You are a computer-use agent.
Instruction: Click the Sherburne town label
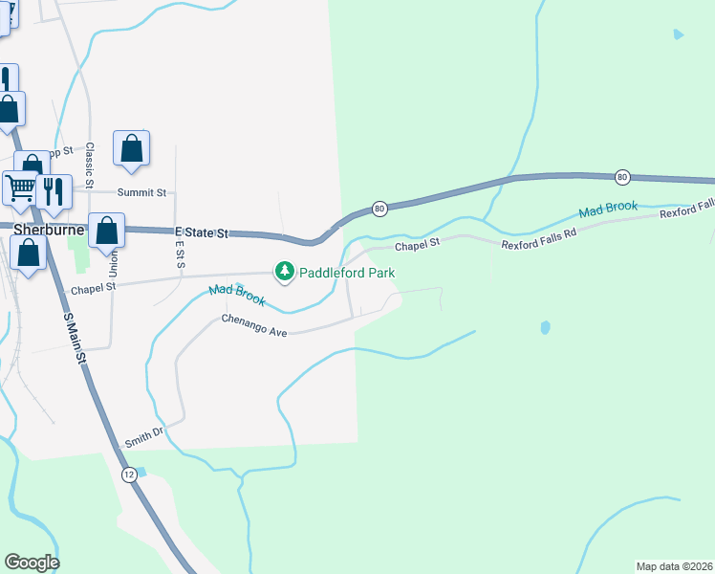pyautogui.click(x=51, y=230)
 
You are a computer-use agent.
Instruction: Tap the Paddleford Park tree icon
pyautogui.click(x=284, y=273)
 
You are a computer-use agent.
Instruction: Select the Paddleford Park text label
pyautogui.click(x=348, y=273)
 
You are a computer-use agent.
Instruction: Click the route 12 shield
pyautogui.click(x=129, y=475)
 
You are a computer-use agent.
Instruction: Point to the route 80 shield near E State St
pyautogui.click(x=379, y=208)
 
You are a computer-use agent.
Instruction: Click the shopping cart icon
pyautogui.click(x=20, y=188)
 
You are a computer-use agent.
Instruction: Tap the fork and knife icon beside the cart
pyautogui.click(x=54, y=190)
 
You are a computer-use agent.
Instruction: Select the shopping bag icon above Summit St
pyautogui.click(x=131, y=149)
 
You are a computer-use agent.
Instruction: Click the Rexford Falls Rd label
pyautogui.click(x=540, y=245)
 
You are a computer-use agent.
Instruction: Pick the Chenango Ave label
pyautogui.click(x=254, y=325)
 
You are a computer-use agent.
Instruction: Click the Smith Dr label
pyautogui.click(x=145, y=438)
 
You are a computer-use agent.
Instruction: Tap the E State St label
pyautogui.click(x=202, y=232)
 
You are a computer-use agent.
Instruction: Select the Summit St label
pyautogui.click(x=141, y=192)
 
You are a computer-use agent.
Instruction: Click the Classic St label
pyautogui.click(x=89, y=165)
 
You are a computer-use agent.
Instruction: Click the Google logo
pyautogui.click(x=32, y=563)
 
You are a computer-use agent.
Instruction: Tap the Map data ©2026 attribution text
pyautogui.click(x=674, y=566)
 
